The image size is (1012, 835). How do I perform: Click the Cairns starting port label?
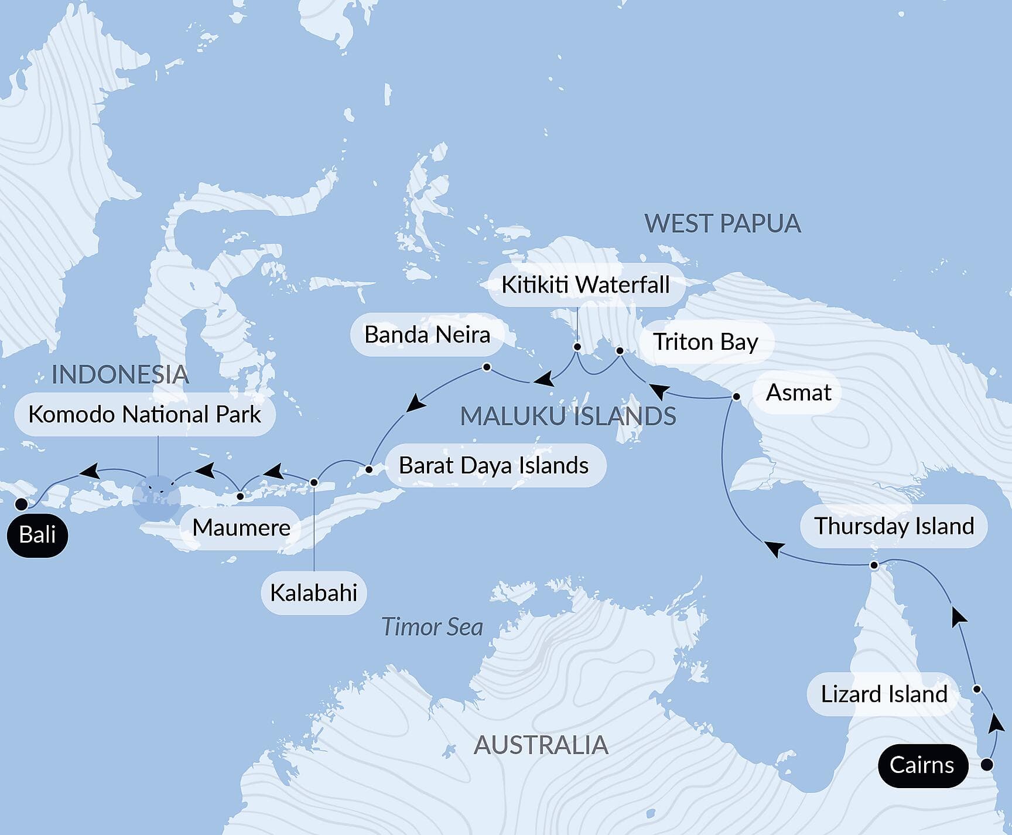coord(922,765)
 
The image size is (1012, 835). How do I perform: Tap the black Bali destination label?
coord(37,535)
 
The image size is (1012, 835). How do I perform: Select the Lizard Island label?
coord(883,694)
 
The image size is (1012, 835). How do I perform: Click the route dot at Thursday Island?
coord(874,565)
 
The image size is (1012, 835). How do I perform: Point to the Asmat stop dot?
coord(737,397)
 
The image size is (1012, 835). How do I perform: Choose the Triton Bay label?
coord(705,342)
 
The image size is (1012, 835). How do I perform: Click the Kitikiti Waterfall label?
coord(585,285)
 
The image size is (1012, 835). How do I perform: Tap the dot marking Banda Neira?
coord(487,367)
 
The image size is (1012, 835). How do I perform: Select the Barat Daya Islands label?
coord(494,466)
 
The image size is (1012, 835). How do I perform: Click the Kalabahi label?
coord(313,593)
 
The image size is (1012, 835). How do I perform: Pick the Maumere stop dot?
coord(240,496)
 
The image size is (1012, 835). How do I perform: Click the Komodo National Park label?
coord(145,415)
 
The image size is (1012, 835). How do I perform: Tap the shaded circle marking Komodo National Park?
coord(156,499)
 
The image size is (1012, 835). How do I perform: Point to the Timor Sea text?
coord(432,627)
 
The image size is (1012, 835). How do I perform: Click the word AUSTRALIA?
coord(541,745)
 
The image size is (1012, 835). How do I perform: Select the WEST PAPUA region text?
coord(722,224)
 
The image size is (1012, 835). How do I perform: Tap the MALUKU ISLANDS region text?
coord(567,417)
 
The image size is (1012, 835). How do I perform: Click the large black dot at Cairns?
coord(987,765)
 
